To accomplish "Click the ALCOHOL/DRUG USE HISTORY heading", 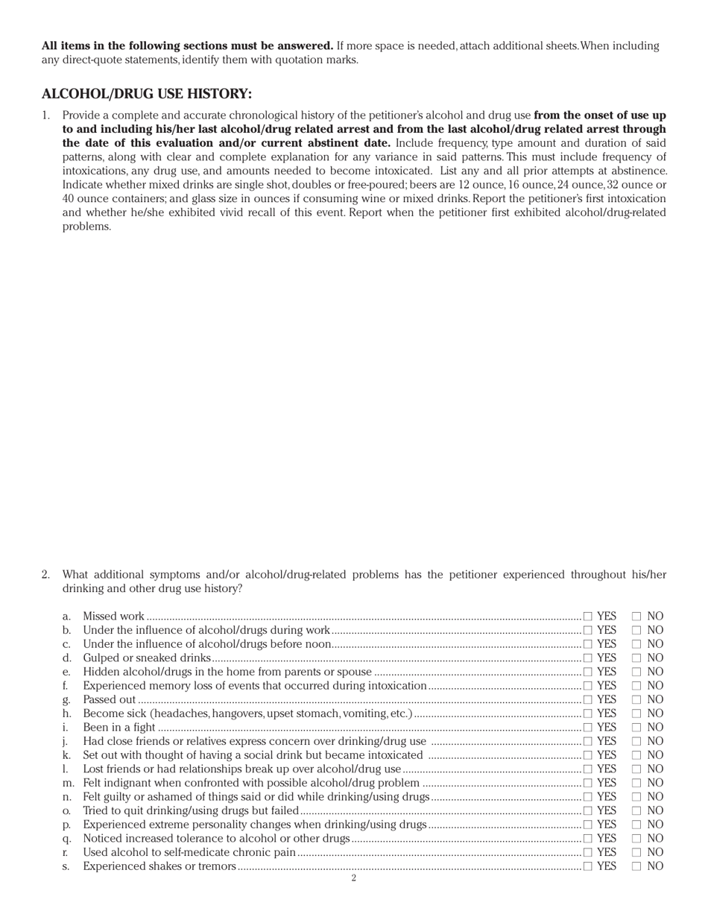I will tap(147, 94).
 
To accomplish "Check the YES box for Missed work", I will tap(588, 617).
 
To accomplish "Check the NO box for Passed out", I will tap(636, 700).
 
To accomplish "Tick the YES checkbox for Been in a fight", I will tap(588, 728).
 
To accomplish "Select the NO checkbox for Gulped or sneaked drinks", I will tap(636, 658).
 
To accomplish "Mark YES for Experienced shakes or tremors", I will tap(588, 866).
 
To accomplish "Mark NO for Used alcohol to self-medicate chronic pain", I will tap(636, 853).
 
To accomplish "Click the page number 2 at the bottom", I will tap(353, 878).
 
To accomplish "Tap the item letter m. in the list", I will tap(68, 783).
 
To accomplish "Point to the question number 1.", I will tap(45, 116).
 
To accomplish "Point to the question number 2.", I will tap(45, 575).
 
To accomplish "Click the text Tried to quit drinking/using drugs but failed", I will tap(191, 810).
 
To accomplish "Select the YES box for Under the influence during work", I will tap(588, 631).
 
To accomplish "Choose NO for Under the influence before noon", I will tap(636, 644).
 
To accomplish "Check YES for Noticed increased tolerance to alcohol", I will tap(588, 839).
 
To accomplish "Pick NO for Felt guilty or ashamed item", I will tap(636, 797).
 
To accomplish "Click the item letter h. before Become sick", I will tap(66, 713).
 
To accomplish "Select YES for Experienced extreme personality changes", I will tap(588, 825).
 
